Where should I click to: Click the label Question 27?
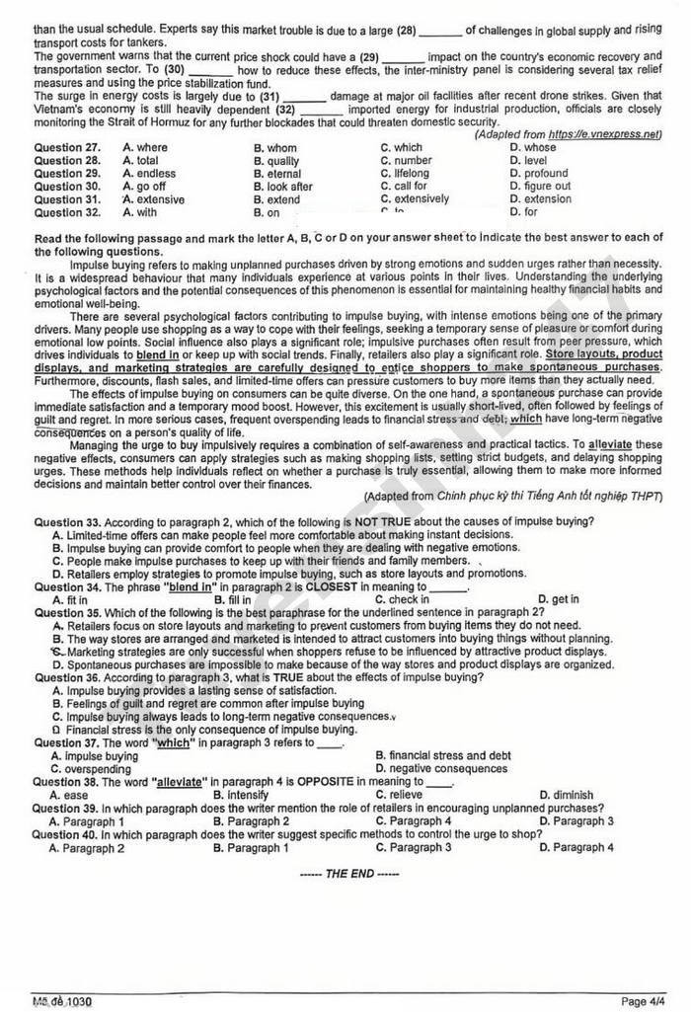[x=67, y=148]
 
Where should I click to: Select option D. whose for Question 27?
[x=533, y=148]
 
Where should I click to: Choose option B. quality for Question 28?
[x=276, y=161]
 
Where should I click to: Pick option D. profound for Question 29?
[x=539, y=174]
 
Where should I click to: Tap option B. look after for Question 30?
[x=282, y=187]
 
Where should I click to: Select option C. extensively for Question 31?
[x=415, y=199]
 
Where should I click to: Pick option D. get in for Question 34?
[x=559, y=599]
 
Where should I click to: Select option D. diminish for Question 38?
[x=567, y=795]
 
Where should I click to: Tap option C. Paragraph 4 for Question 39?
[x=413, y=821]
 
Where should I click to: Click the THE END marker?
[x=348, y=874]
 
